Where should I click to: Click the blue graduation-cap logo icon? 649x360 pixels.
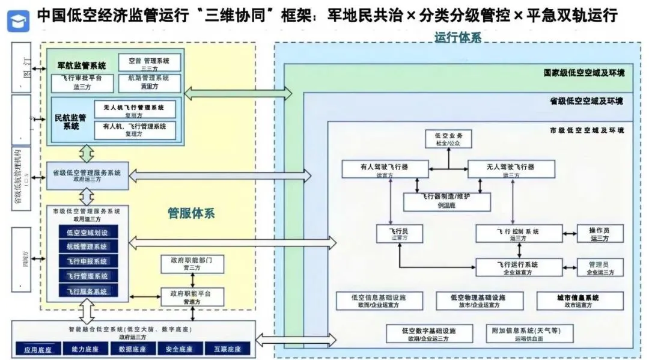(19, 19)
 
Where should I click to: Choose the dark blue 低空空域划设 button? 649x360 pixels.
(87, 233)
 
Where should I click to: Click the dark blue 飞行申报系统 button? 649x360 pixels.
(87, 261)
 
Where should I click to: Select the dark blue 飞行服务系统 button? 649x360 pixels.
(87, 291)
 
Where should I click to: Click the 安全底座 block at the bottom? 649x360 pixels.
(178, 349)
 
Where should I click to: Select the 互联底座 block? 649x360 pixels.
(223, 349)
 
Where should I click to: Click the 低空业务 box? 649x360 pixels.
(448, 139)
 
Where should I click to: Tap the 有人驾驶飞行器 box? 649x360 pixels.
(385, 169)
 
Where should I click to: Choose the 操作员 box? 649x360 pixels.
(600, 233)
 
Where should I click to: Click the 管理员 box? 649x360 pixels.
(600, 267)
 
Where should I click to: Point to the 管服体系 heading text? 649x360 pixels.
(191, 213)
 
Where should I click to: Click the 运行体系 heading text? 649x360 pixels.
(458, 37)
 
